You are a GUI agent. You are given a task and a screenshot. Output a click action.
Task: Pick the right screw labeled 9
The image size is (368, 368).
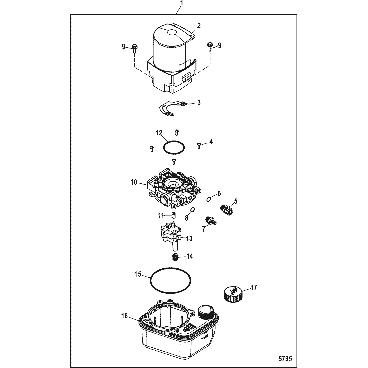coord(210,48)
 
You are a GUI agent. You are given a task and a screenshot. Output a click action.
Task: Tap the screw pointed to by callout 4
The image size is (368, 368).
coord(199,145)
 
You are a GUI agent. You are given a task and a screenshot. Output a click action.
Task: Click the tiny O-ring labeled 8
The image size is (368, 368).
coord(192,209)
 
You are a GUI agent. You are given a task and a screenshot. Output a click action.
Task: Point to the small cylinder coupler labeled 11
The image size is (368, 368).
coord(173,215)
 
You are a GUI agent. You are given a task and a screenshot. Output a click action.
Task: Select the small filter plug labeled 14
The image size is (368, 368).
coord(174,257)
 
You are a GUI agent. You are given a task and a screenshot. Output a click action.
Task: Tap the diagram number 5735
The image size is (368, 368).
coord(285,359)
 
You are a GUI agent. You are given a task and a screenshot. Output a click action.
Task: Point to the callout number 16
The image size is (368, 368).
coord(125,316)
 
